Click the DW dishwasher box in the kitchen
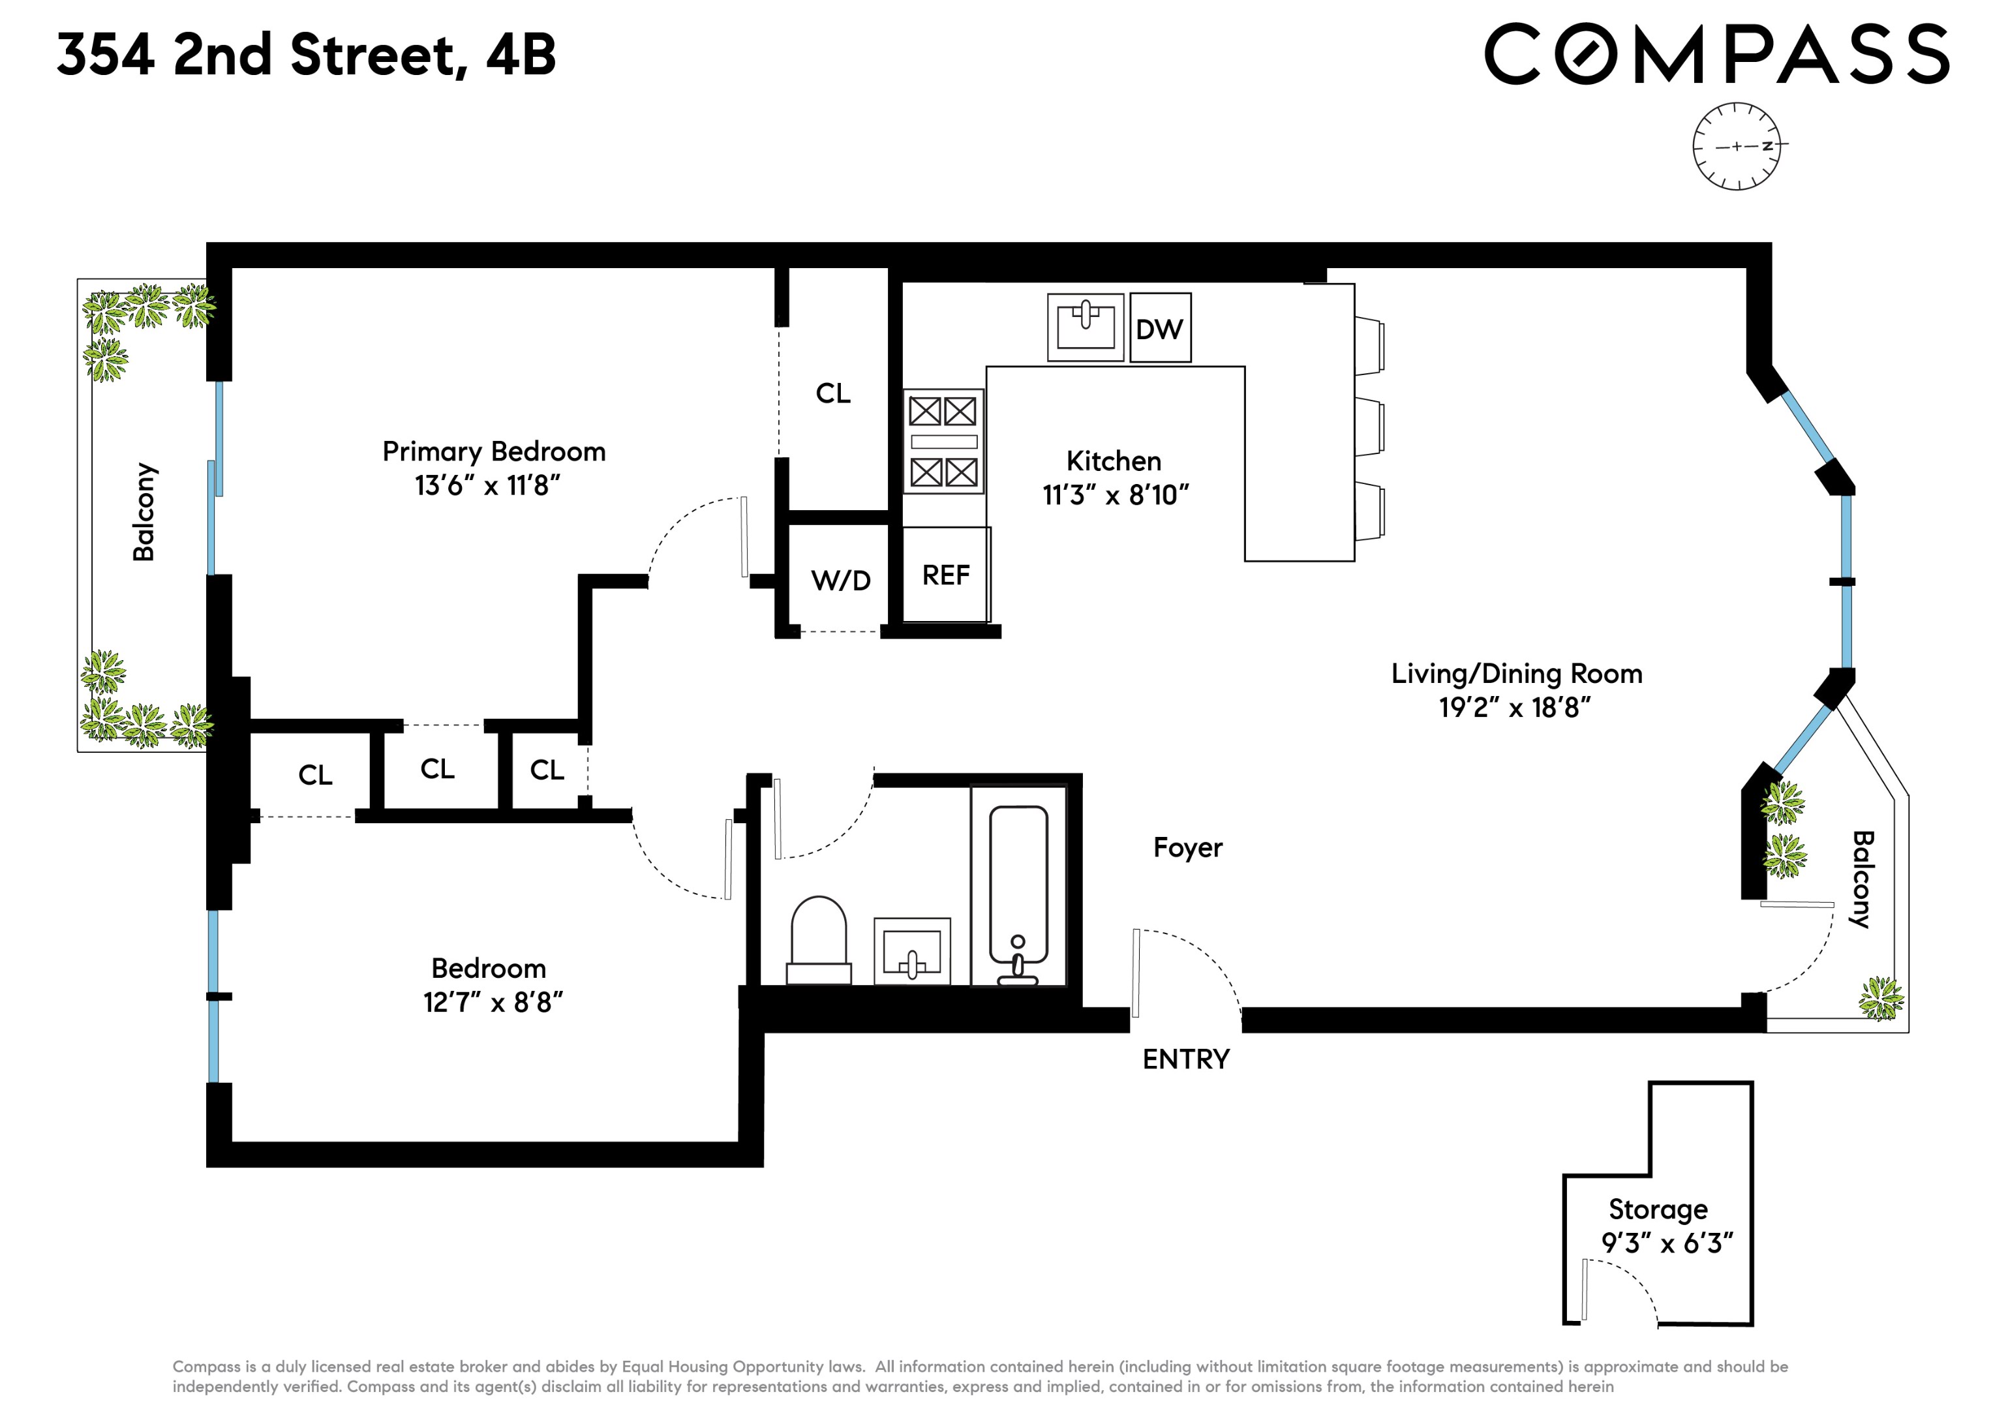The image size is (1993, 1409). (x=1160, y=328)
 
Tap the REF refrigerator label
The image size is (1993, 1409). (x=945, y=575)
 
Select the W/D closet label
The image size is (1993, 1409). (x=840, y=580)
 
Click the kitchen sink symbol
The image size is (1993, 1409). (x=1085, y=326)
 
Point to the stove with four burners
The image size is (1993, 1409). (x=943, y=441)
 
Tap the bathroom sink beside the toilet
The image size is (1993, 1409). (x=911, y=952)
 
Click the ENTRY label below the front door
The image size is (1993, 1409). (x=1186, y=1059)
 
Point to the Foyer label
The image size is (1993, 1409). (x=1187, y=847)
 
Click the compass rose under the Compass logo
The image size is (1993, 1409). (x=1736, y=146)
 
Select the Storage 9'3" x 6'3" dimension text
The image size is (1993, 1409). (x=1667, y=1243)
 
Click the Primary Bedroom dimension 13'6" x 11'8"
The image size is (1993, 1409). (x=488, y=485)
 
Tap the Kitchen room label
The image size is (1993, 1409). (x=1114, y=461)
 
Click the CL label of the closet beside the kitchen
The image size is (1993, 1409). (x=833, y=393)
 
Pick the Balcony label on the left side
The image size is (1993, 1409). (x=144, y=512)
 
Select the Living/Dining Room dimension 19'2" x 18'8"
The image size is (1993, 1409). (x=1515, y=708)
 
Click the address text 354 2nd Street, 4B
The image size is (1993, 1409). (x=305, y=54)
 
